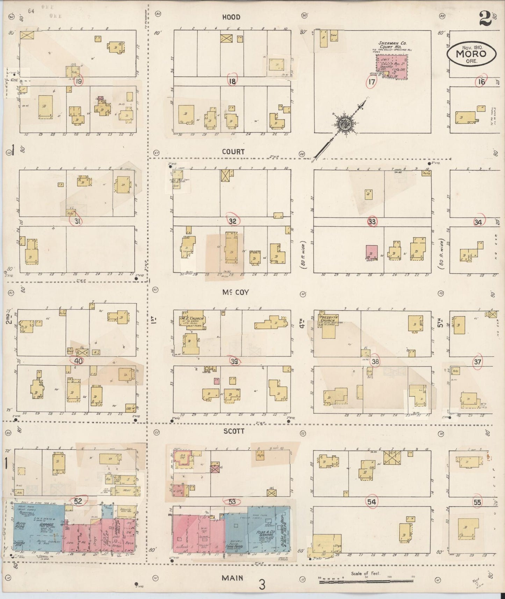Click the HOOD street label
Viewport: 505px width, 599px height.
click(x=231, y=17)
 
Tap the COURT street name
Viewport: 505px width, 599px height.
click(x=233, y=152)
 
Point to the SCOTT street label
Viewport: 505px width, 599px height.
click(x=234, y=431)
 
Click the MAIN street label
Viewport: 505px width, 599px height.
click(x=232, y=578)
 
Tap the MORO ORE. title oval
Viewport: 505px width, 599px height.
click(x=471, y=54)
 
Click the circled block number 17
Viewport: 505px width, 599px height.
click(x=371, y=82)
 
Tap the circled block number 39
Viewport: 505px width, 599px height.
click(x=234, y=361)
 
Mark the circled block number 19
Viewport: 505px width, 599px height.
click(x=79, y=81)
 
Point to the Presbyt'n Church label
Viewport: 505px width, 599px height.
click(x=326, y=319)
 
